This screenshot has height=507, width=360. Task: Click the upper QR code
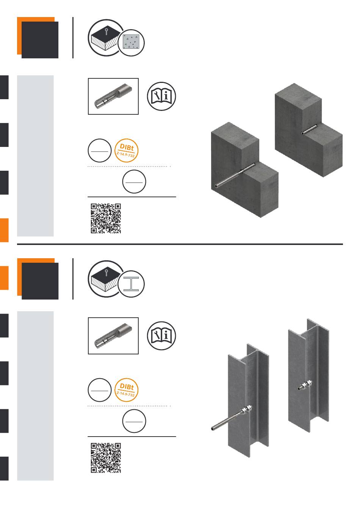106,218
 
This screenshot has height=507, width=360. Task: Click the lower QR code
106,458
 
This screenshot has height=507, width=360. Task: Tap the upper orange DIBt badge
127,151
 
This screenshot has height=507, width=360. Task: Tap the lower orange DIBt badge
127,390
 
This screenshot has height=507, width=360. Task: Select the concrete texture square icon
131,42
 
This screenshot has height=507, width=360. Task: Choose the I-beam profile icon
131,284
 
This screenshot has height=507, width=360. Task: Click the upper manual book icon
161,96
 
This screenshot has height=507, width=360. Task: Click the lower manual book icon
161,335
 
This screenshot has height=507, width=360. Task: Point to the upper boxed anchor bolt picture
113,97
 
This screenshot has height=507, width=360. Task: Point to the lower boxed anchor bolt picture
113,336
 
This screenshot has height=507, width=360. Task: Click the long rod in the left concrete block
235,176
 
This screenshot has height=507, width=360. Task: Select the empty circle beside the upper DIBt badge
99,151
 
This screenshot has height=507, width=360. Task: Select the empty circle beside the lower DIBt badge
99,390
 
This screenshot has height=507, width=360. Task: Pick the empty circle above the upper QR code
134,181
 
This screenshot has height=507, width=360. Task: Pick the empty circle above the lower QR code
134,421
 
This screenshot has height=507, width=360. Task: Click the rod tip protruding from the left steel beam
213,429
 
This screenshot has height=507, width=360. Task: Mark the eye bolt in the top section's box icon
106,31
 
